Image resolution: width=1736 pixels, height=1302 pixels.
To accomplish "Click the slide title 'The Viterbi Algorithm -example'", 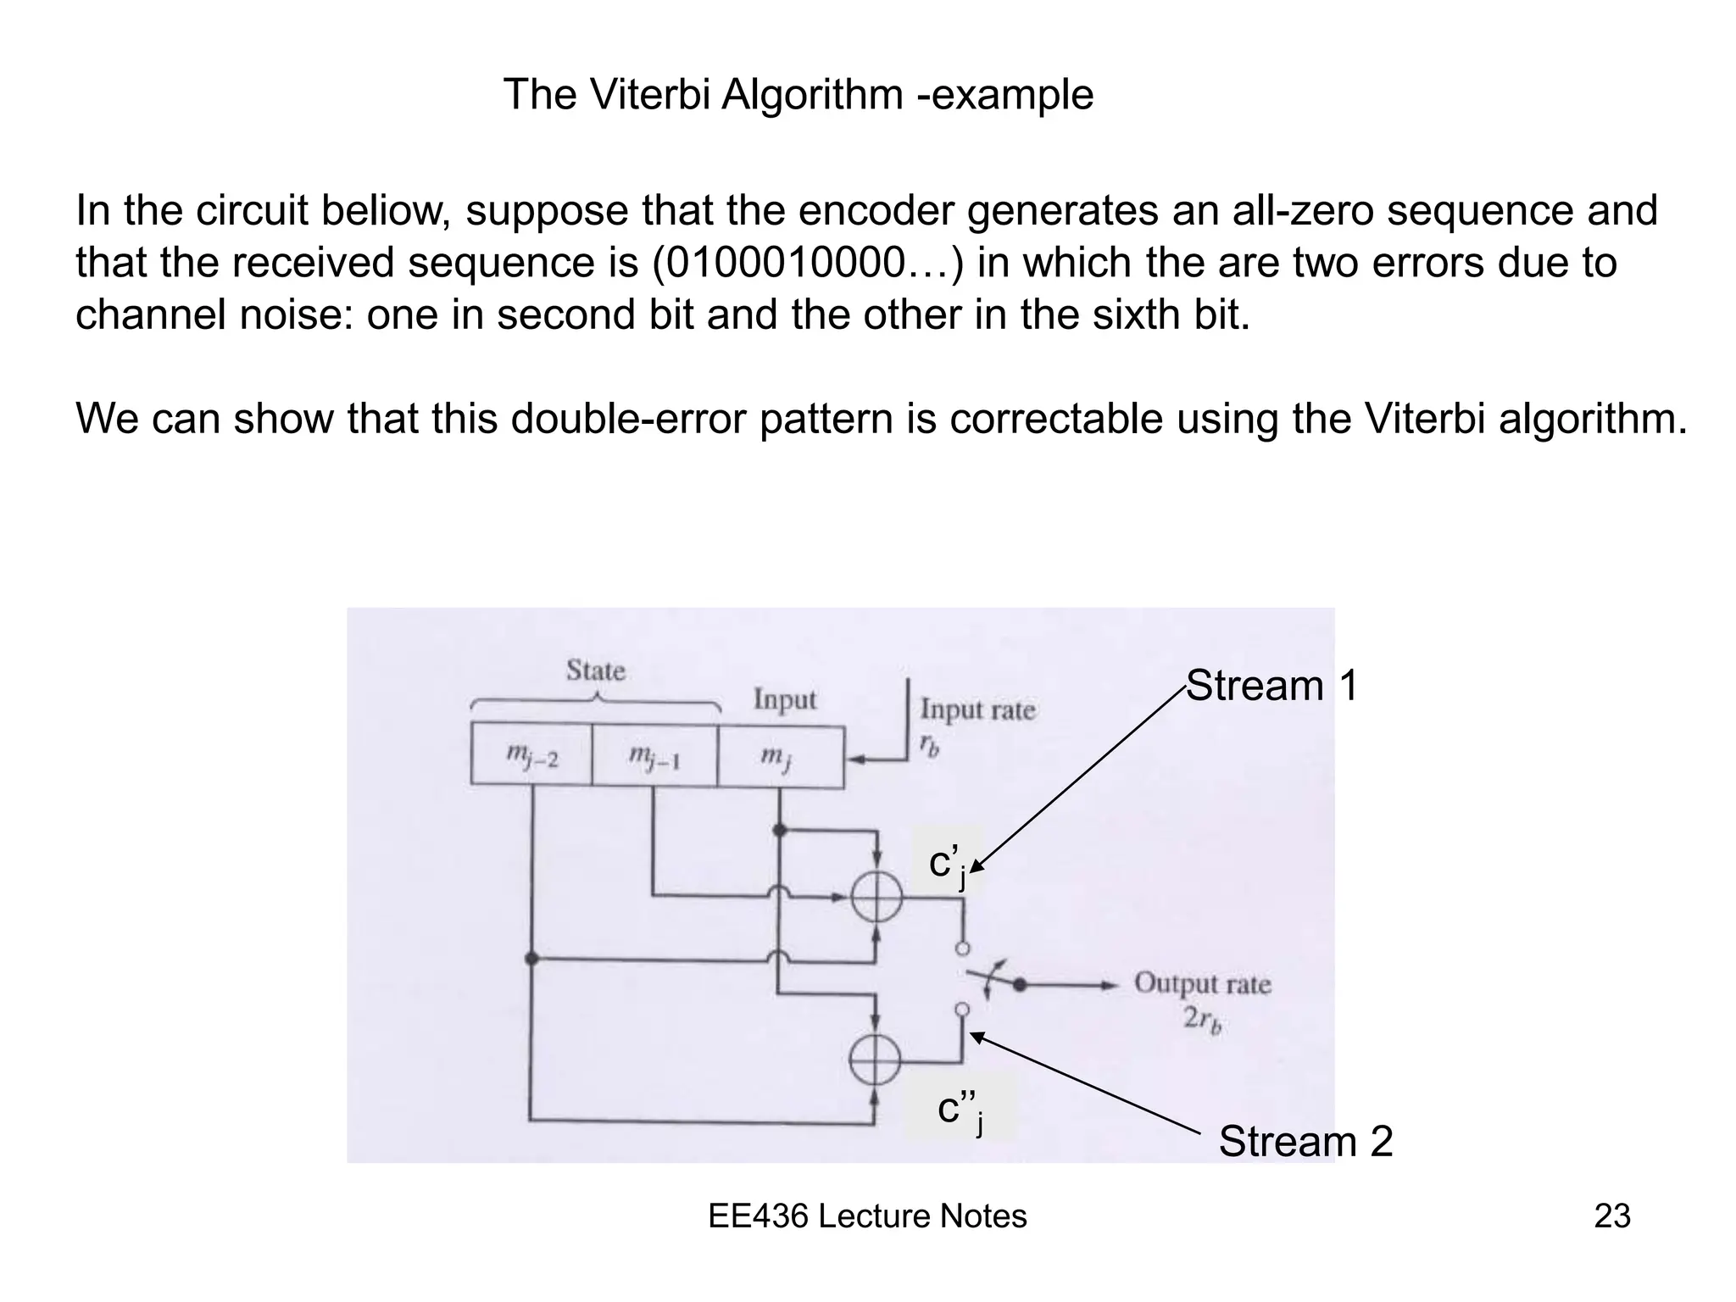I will pyautogui.click(x=798, y=95).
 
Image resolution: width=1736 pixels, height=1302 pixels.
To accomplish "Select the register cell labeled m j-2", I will pyautogui.click(x=531, y=754).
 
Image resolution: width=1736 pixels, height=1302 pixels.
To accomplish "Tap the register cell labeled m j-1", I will pyautogui.click(x=654, y=754).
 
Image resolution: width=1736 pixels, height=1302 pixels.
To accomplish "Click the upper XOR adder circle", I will pyautogui.click(x=876, y=897).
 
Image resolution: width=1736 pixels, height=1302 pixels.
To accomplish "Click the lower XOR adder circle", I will pyautogui.click(x=875, y=1060).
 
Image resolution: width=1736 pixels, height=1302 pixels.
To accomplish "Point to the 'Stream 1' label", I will pyautogui.click(x=1271, y=685).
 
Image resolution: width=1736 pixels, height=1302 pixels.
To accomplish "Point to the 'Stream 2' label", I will pyautogui.click(x=1305, y=1141).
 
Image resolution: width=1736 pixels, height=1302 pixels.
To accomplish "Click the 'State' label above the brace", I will pyautogui.click(x=596, y=670).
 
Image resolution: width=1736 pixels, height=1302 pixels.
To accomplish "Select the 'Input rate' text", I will pyautogui.click(x=978, y=709).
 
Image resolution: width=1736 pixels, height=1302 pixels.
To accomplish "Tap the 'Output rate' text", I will pyautogui.click(x=1203, y=983).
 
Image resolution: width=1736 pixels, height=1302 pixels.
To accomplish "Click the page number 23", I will pyautogui.click(x=1611, y=1216).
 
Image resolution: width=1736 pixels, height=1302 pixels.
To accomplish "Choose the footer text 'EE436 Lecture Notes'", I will pyautogui.click(x=867, y=1216).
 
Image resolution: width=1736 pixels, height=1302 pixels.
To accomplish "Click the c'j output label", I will pyautogui.click(x=948, y=865).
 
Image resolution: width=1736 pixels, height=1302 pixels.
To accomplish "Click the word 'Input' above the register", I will pyautogui.click(x=785, y=700).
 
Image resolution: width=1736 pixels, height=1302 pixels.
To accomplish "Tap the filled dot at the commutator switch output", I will pyautogui.click(x=1021, y=985).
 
